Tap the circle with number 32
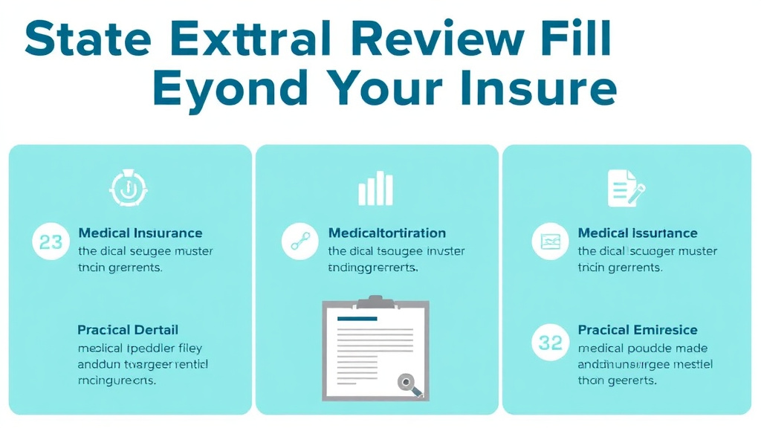coord(551,343)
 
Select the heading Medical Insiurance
coord(140,233)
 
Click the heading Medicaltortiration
coord(386,233)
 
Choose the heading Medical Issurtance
coord(638,233)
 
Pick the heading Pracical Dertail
coord(128,330)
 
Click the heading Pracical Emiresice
coord(638,330)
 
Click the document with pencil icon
coord(622,187)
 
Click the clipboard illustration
coord(375,347)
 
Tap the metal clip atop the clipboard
coord(375,301)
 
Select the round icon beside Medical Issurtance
coord(551,241)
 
